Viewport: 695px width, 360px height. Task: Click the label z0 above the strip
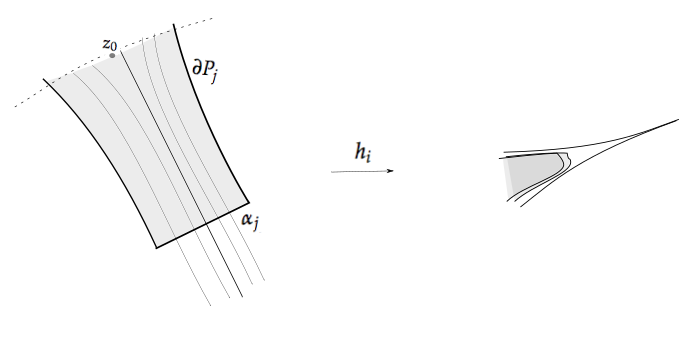(x=110, y=44)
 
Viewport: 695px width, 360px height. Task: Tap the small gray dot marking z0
(x=112, y=56)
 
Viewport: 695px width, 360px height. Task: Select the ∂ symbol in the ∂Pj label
(x=196, y=71)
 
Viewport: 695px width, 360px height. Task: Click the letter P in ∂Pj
(x=207, y=71)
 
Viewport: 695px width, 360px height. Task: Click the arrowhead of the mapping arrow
(x=391, y=171)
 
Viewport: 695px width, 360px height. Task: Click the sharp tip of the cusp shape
(x=677, y=121)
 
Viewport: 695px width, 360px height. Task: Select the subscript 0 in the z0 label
(x=116, y=47)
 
